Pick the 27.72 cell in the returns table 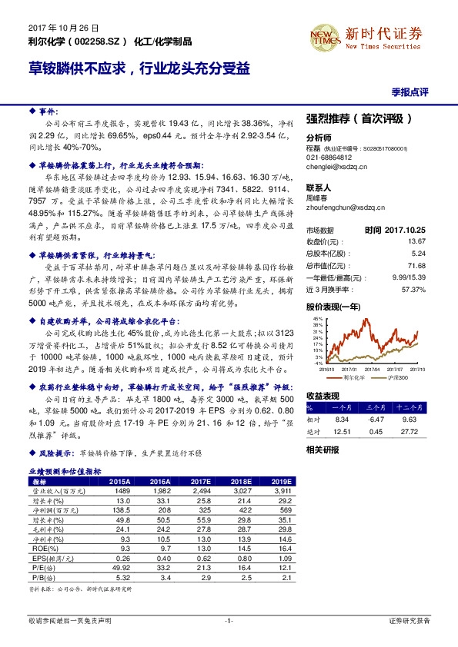[415, 430]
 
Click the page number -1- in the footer [229, 619]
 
